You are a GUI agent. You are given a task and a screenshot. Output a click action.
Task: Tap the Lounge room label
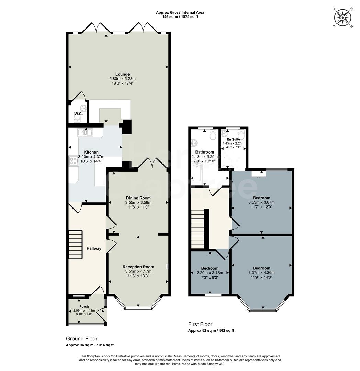tap(122, 74)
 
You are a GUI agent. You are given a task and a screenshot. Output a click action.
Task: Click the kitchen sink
tap(85, 132)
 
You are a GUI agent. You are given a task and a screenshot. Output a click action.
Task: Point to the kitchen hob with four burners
tap(73, 160)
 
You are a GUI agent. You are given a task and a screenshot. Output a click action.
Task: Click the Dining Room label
tap(138, 198)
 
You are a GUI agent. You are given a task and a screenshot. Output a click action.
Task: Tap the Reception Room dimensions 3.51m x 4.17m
tap(138, 271)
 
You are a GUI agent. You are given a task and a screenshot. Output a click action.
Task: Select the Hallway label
tap(94, 248)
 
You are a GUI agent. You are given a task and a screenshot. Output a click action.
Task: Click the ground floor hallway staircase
tap(76, 245)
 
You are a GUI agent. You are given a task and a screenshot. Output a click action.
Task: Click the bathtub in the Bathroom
tap(198, 172)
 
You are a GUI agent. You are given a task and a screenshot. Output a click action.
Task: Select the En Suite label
tap(233, 139)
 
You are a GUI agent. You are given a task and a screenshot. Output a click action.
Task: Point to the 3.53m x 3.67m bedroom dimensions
tap(261, 202)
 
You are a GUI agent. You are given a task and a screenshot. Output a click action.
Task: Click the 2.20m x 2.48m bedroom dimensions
tap(210, 273)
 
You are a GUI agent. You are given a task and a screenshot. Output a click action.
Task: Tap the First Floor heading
tap(200, 324)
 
